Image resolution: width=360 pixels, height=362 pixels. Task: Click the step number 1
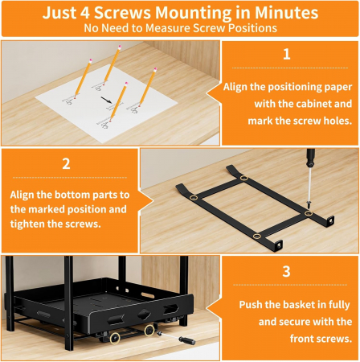(287, 54)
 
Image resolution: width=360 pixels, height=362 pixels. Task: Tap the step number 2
(66, 163)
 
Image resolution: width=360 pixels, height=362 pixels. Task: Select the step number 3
(286, 271)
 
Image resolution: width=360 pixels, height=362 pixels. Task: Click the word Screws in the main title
(122, 12)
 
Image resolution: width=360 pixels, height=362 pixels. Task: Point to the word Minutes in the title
(286, 12)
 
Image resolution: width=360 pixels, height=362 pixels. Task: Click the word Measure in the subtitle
(168, 28)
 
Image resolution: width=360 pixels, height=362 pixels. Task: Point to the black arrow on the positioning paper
(106, 100)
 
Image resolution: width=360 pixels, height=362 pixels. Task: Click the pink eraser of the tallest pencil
(119, 47)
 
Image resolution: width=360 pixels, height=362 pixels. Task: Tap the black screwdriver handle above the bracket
(311, 158)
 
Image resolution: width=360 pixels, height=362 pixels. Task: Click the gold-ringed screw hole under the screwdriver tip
(309, 213)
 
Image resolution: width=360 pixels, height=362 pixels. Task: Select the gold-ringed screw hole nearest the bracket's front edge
(256, 236)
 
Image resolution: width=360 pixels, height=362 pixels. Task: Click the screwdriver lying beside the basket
(176, 338)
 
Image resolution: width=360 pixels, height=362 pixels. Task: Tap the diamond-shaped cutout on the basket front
(144, 315)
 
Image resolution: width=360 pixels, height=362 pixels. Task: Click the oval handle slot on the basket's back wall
(149, 296)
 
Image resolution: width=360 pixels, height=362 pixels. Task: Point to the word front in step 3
(303, 339)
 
